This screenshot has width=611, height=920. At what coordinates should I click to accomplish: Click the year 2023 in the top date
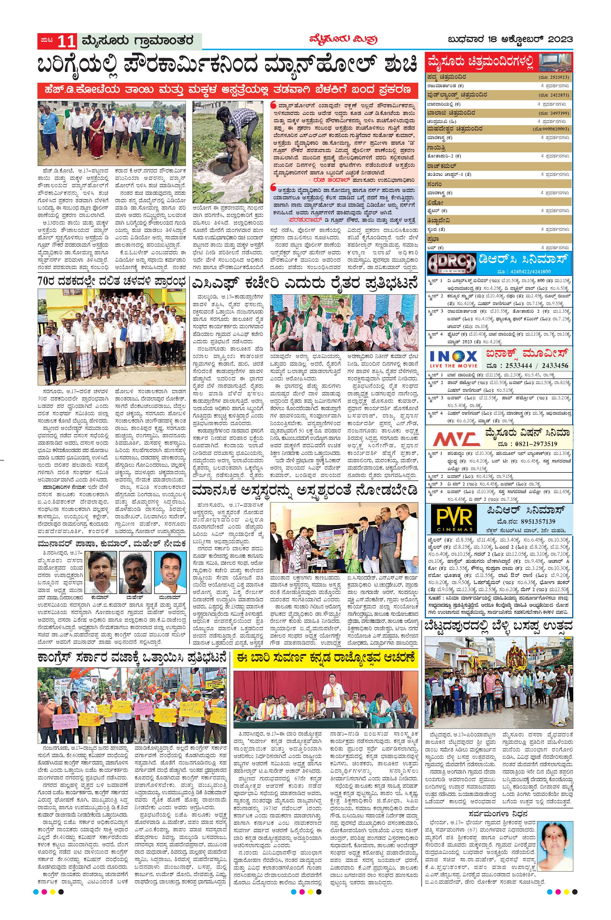tap(560, 39)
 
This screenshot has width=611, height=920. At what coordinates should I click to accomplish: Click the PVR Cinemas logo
tap(452, 518)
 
